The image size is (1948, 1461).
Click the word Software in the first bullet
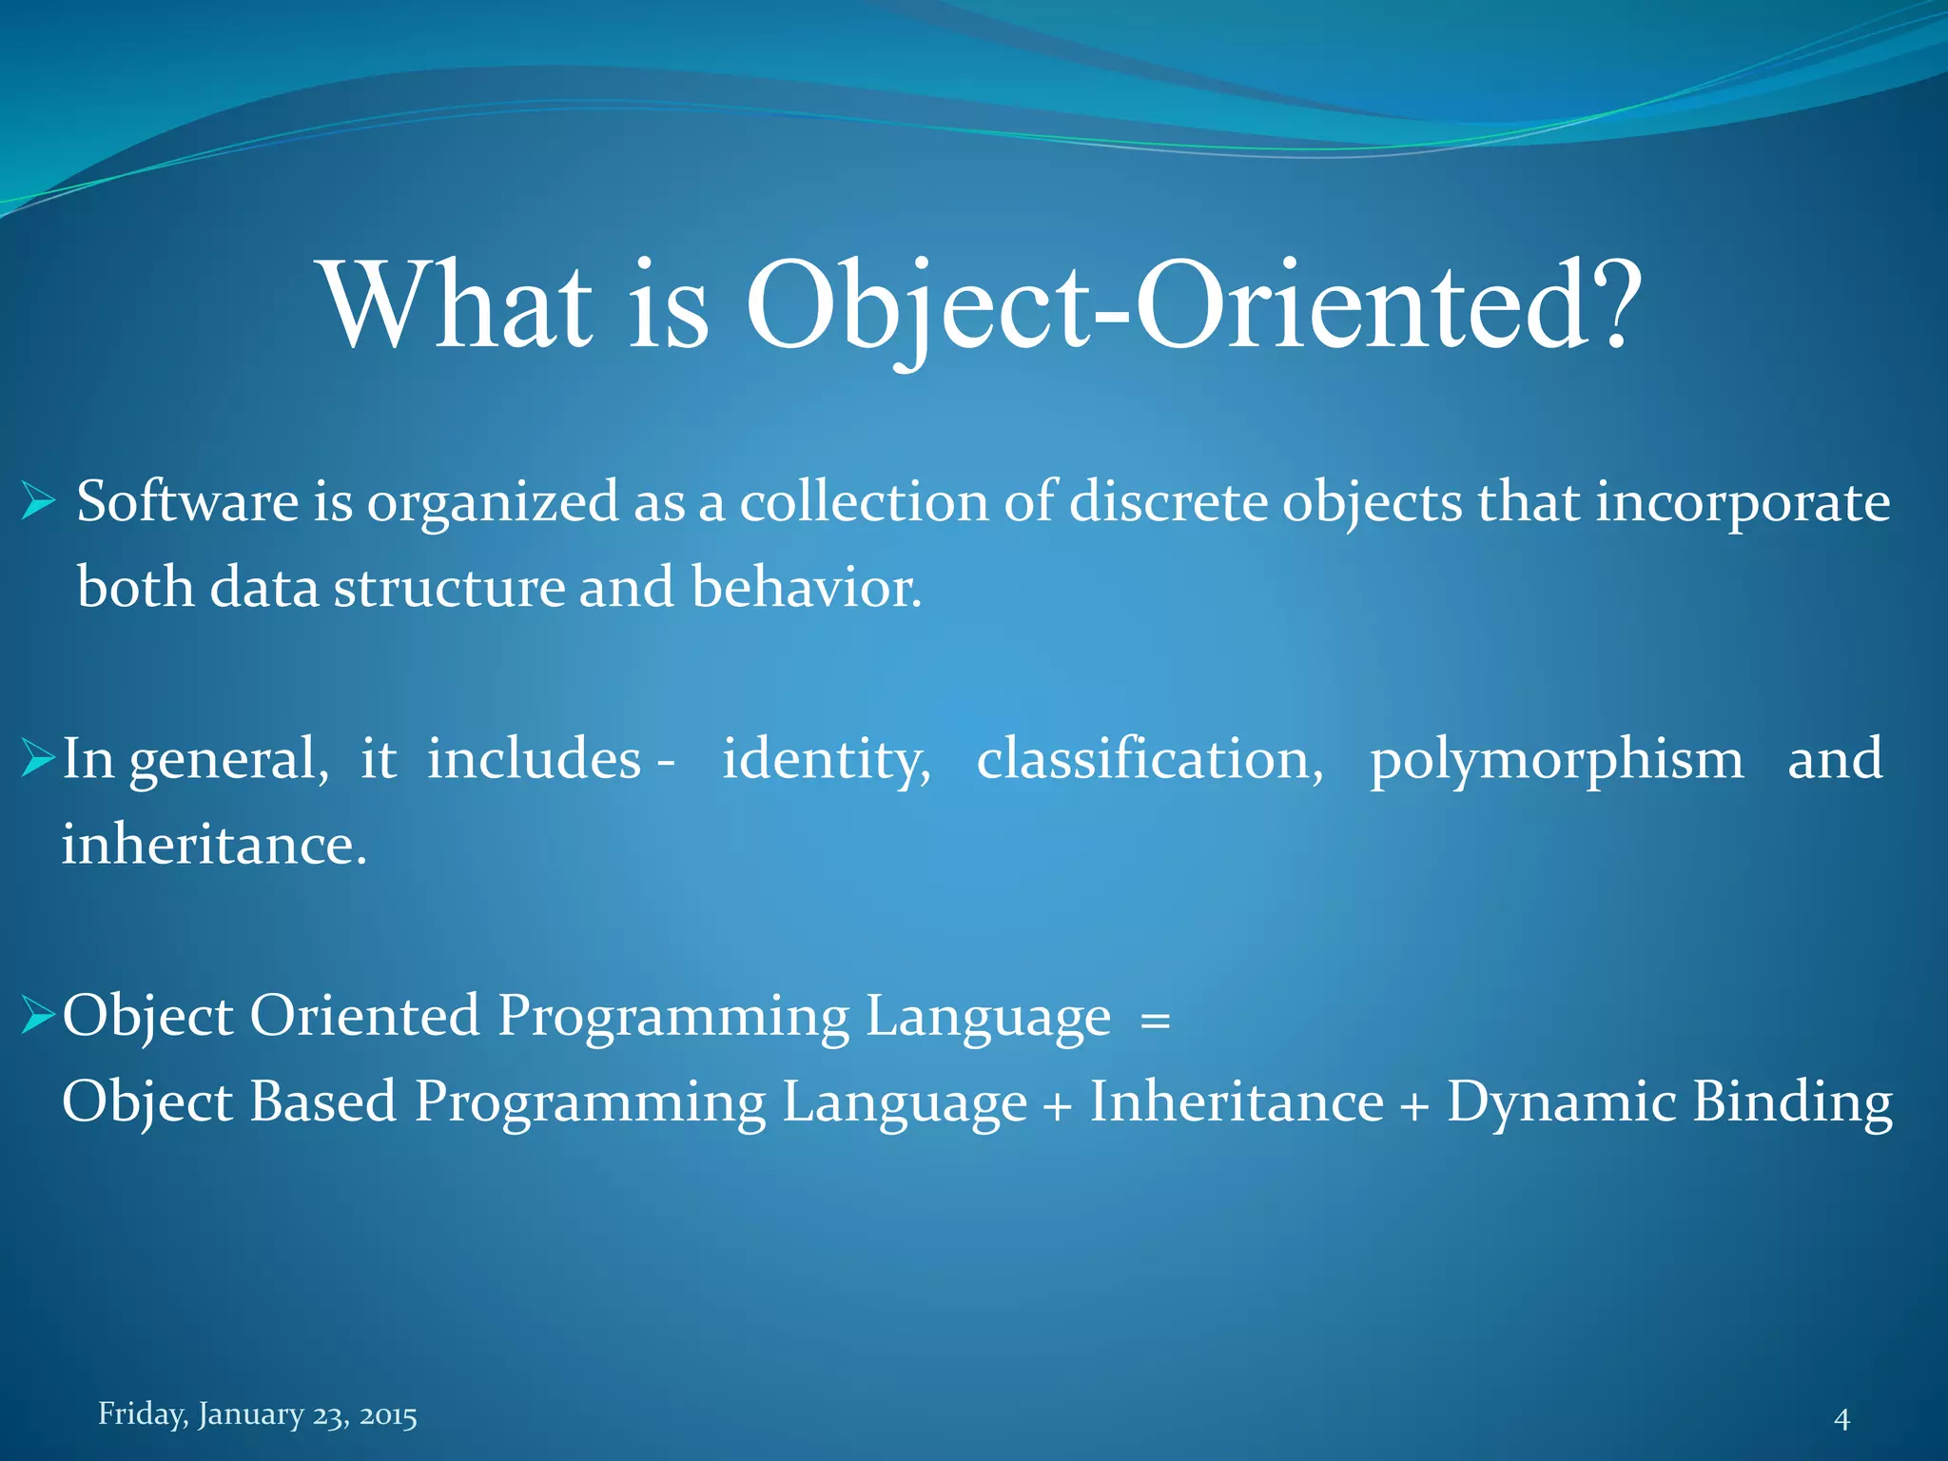(x=187, y=502)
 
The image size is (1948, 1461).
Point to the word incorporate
(x=1743, y=504)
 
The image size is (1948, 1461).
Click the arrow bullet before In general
(x=38, y=759)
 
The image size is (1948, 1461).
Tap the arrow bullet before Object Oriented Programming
(x=38, y=1016)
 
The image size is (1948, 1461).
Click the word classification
(x=1149, y=759)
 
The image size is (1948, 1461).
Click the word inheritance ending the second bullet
(x=213, y=845)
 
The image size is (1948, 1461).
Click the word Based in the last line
(x=322, y=1101)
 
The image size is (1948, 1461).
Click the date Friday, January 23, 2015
(x=258, y=1414)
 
